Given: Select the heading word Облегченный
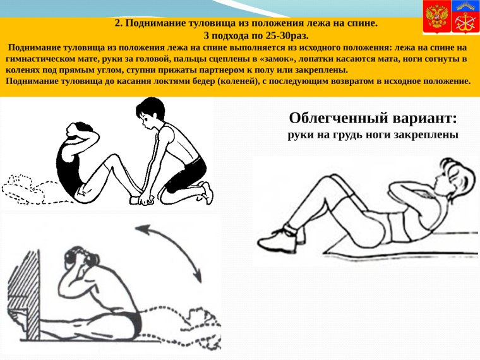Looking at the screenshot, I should point(335,118).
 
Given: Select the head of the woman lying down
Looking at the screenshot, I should point(453,173).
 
